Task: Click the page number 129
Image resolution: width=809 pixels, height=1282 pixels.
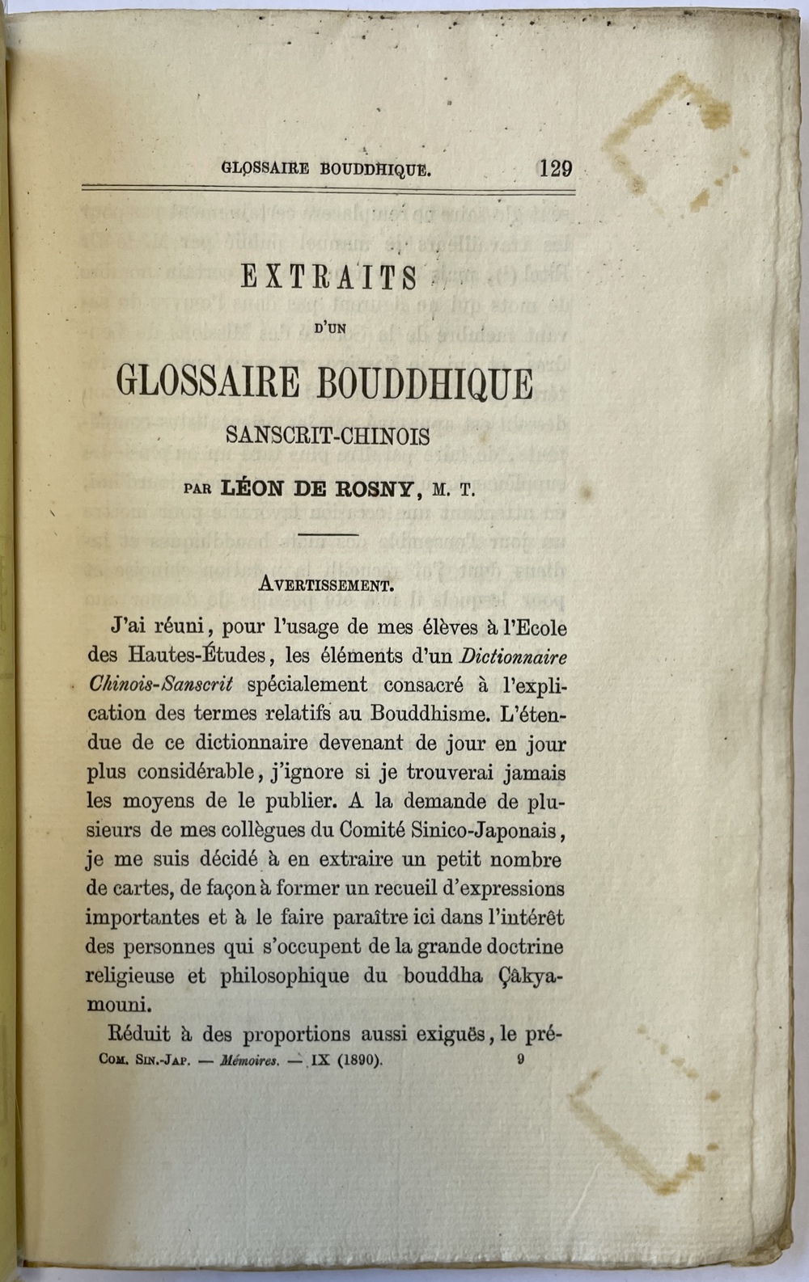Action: (555, 168)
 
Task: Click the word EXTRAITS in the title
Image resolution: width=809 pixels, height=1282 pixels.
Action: (329, 278)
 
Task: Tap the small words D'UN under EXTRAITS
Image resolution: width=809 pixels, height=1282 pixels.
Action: (328, 329)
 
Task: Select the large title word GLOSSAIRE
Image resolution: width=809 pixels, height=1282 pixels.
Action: (208, 382)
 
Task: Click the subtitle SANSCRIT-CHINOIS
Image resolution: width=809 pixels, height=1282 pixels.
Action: (328, 436)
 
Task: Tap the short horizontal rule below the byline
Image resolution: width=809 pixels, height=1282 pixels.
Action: (328, 534)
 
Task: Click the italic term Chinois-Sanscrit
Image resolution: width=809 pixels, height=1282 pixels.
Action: (161, 685)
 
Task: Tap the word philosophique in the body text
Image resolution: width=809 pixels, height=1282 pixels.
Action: (285, 976)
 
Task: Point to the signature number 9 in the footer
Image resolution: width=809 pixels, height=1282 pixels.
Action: (519, 1060)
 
